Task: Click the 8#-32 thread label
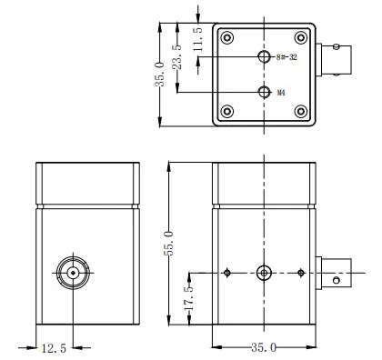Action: click(x=286, y=57)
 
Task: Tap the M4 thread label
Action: click(x=281, y=93)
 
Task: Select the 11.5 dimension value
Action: click(x=197, y=39)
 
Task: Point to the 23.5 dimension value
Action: click(x=176, y=57)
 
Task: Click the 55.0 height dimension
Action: click(x=168, y=244)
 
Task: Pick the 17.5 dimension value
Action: click(x=188, y=298)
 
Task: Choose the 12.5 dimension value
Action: click(x=54, y=348)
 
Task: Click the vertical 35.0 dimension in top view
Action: click(x=159, y=75)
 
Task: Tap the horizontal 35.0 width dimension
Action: click(x=264, y=347)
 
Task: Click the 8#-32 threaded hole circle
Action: click(x=264, y=56)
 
